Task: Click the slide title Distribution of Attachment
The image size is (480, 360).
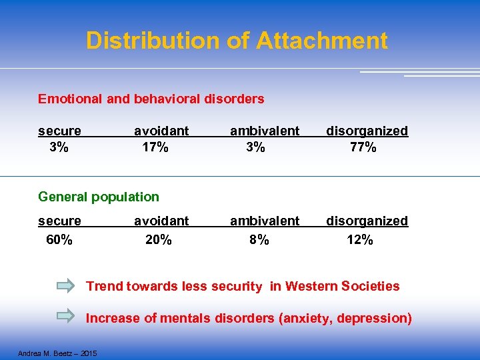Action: point(237,41)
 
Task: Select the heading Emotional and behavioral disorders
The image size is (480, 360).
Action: point(151,99)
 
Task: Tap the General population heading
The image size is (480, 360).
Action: point(99,197)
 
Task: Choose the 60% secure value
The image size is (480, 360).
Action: point(59,239)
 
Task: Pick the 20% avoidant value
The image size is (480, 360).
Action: point(159,239)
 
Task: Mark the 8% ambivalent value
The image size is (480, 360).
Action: point(259,239)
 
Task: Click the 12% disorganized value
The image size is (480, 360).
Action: point(360,239)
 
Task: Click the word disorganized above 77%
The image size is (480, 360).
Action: point(367,131)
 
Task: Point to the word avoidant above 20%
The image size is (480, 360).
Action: point(161,221)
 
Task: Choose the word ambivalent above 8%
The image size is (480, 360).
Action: point(265,221)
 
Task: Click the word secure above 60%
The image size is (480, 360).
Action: point(59,221)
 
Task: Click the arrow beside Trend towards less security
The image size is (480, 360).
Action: point(66,287)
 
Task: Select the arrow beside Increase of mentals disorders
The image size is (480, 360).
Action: point(66,317)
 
